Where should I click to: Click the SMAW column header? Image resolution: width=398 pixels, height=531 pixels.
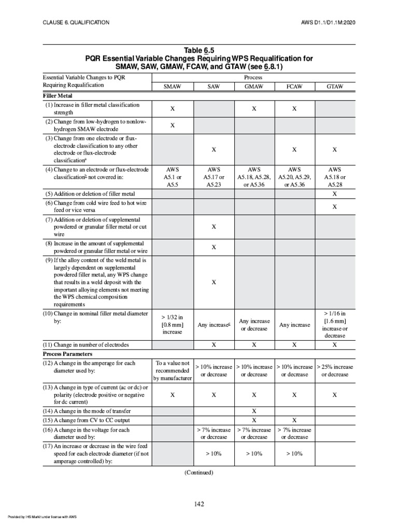coord(172,87)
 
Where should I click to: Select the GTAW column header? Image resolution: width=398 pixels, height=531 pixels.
coord(334,87)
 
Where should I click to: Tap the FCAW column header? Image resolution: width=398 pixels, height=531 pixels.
coord(294,87)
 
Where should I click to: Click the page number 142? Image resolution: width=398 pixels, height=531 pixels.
coord(198,504)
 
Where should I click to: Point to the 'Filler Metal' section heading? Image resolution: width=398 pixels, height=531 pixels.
coord(58,96)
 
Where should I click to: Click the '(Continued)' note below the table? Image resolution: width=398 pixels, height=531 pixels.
coord(198,472)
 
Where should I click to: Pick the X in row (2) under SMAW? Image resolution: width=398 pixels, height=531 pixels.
coord(172,125)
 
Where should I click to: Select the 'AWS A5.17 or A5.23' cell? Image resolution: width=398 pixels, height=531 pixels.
coord(213,177)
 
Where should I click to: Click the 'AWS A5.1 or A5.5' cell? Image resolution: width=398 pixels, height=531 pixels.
coord(172,177)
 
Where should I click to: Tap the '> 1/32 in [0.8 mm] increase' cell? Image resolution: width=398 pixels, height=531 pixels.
coord(172,325)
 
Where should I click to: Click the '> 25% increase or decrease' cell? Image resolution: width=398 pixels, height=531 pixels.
coord(334,370)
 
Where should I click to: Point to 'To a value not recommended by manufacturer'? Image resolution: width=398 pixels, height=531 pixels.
coord(172,370)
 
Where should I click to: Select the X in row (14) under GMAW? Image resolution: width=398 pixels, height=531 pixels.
coord(253,411)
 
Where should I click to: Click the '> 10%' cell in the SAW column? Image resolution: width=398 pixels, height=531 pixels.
coord(213,454)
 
